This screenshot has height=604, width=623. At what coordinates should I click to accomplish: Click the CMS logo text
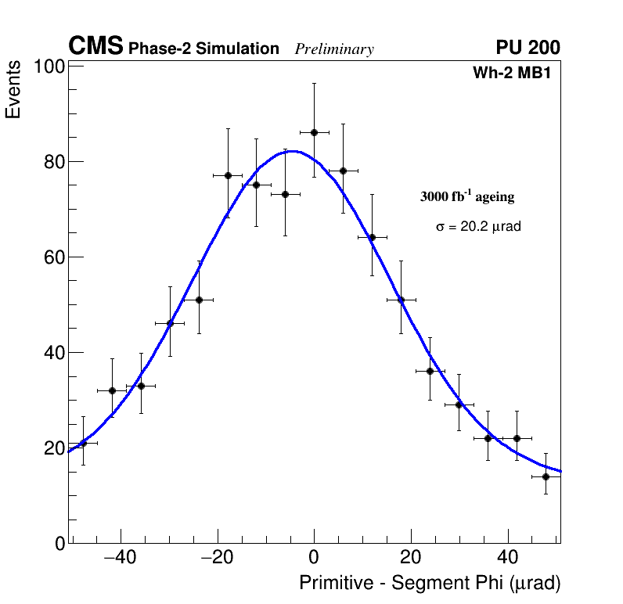pos(95,47)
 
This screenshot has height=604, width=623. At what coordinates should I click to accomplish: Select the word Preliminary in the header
pos(334,49)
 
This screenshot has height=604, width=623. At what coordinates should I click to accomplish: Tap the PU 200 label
pos(528,48)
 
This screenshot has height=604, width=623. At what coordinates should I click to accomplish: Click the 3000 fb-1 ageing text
pos(467,196)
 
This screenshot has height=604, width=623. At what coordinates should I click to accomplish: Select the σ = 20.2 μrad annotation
pos(478,226)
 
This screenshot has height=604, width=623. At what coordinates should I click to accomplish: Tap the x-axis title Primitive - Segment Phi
pos(430,583)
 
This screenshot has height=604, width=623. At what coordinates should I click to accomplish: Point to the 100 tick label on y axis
pos(48,67)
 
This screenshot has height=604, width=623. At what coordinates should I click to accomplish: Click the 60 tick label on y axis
pos(53,257)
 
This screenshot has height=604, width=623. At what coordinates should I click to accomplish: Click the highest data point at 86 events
pos(314,132)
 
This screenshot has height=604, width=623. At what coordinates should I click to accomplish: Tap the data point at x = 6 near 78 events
pos(343,171)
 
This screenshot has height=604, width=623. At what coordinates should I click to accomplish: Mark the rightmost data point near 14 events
pos(546,476)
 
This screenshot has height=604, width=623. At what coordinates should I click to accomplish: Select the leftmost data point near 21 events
pos(83,443)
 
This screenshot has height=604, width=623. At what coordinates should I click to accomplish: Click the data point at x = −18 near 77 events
pos(228,175)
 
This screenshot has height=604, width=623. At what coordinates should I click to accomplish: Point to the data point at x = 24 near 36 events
pos(430,371)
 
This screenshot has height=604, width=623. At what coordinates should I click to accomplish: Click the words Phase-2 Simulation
pos(203,49)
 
